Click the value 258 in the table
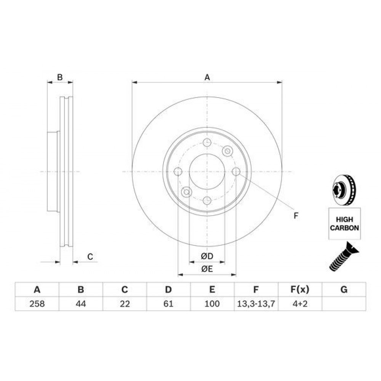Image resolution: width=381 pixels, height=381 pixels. [x=37, y=304]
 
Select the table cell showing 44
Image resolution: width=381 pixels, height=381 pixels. [x=81, y=304]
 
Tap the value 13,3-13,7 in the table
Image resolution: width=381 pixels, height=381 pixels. [x=256, y=304]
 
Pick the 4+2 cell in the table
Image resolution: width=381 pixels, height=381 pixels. [x=300, y=304]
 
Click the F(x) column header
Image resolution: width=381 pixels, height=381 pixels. [x=300, y=290]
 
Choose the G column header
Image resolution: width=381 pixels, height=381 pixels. [x=344, y=290]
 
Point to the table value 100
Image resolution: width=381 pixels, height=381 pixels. [x=212, y=304]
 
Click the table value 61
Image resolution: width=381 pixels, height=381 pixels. [x=168, y=304]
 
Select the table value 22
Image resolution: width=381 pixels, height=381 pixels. [x=125, y=304]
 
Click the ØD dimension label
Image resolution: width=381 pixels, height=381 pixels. [x=207, y=256]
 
